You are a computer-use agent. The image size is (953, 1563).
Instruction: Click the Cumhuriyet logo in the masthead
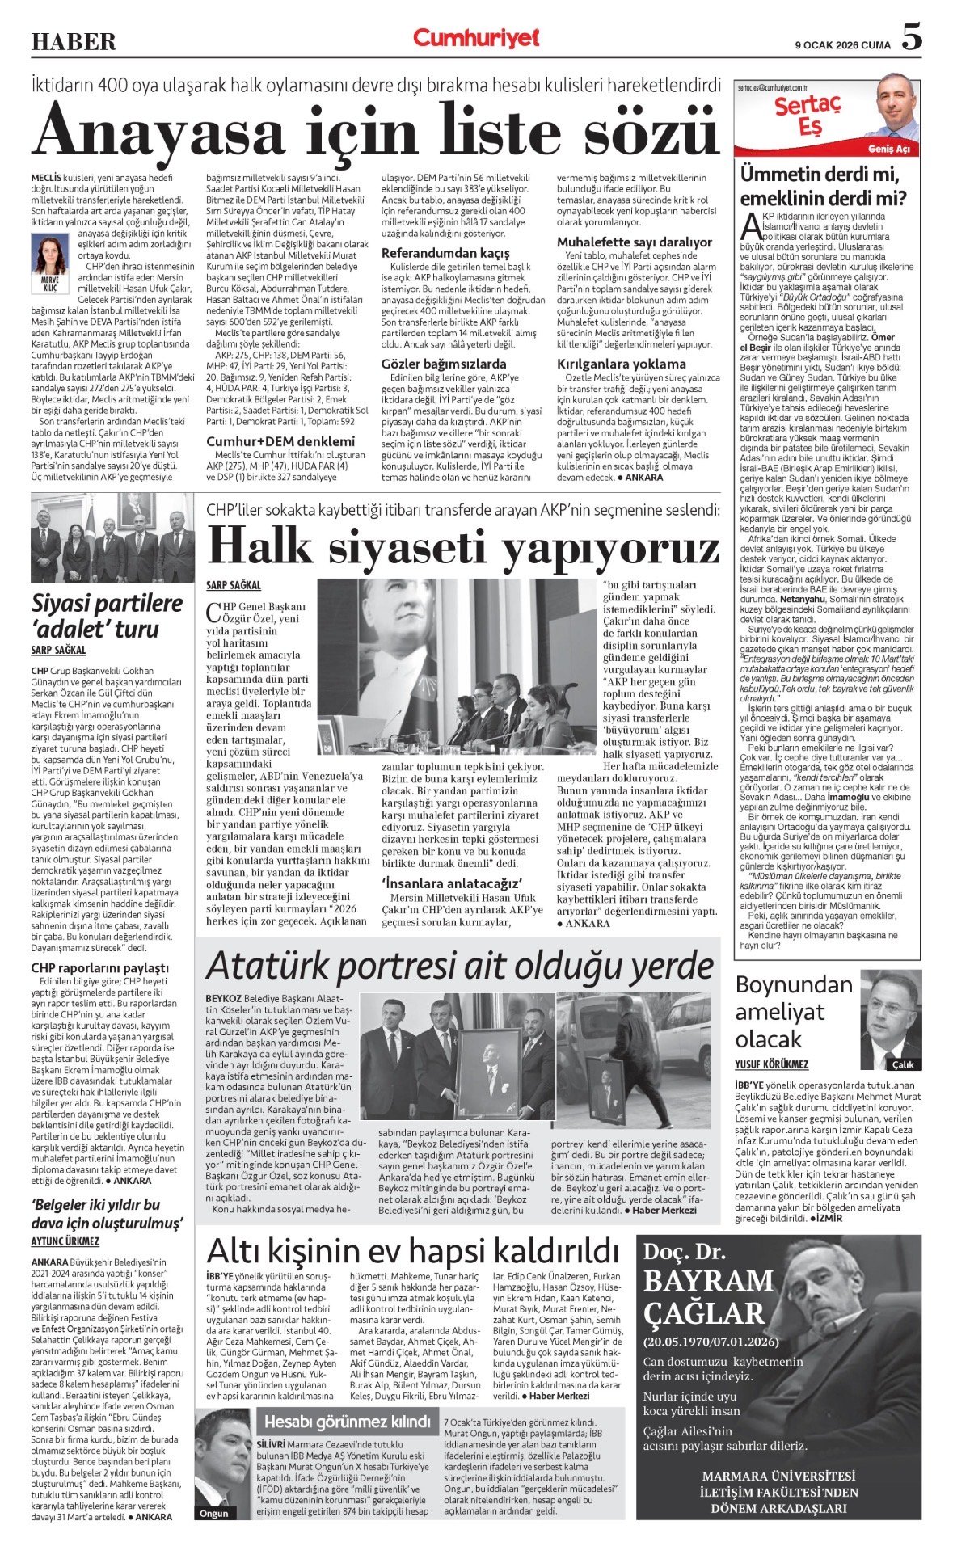coord(475,38)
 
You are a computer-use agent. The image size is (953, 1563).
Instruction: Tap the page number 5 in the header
coord(911,37)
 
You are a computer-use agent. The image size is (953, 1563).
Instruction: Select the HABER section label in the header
coord(74,41)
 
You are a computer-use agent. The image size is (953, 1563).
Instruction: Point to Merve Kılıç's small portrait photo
coord(49,255)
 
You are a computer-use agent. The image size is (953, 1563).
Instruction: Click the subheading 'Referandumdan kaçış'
coord(445,253)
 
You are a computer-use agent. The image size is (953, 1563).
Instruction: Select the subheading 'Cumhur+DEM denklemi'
coord(280,441)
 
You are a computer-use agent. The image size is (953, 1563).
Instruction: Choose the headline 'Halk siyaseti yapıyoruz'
coord(462,547)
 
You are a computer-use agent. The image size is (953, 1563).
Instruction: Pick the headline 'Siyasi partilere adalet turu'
coord(108,616)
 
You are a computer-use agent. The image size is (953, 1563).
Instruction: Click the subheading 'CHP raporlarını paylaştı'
coord(100,967)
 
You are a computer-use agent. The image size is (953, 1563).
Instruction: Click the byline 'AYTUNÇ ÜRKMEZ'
coord(65,1241)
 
